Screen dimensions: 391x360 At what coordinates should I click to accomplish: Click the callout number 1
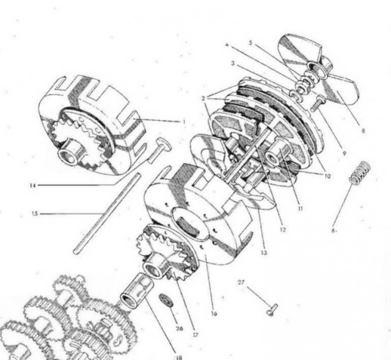[185, 122]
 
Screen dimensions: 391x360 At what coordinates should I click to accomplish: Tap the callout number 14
[32, 186]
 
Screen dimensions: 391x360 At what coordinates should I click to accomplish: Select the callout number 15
[35, 213]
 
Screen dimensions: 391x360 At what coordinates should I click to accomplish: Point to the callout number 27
[241, 282]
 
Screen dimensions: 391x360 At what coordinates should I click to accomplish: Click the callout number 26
[179, 328]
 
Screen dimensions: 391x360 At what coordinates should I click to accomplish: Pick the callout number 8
[363, 130]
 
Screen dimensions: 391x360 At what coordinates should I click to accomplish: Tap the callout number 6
[334, 230]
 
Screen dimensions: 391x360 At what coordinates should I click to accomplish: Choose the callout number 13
[264, 252]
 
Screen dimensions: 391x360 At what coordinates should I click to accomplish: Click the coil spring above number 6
[359, 173]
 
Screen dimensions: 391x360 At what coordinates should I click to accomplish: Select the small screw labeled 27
[272, 309]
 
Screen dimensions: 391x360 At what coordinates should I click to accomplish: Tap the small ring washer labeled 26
[166, 299]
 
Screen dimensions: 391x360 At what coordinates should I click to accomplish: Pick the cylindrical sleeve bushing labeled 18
[137, 291]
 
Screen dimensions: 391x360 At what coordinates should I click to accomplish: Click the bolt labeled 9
[318, 103]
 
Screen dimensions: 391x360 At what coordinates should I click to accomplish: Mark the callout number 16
[214, 314]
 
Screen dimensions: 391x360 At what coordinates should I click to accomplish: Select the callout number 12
[282, 230]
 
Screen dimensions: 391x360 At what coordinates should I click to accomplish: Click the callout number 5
[250, 43]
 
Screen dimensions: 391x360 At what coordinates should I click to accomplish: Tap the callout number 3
[233, 64]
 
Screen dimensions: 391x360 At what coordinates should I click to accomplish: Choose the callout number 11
[300, 208]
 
